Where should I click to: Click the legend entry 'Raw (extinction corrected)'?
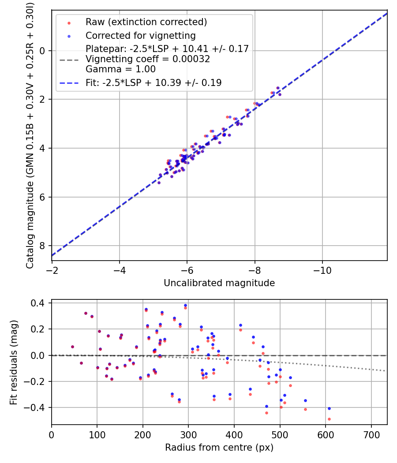[146, 22]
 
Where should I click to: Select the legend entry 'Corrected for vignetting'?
[140, 35]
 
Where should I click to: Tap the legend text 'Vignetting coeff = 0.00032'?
[148, 59]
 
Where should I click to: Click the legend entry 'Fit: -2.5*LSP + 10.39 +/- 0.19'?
[154, 83]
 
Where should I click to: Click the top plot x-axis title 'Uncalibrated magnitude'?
[219, 283]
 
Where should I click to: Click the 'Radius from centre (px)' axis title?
[219, 448]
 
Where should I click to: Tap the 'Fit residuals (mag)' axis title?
[14, 362]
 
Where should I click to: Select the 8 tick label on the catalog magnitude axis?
[42, 246]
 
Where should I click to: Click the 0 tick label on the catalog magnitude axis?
[42, 51]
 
